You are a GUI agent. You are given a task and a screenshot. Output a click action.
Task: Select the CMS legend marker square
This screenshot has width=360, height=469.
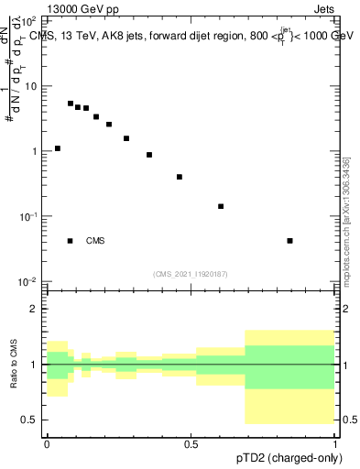71,241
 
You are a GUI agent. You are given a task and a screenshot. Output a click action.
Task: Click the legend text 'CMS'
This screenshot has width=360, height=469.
95,241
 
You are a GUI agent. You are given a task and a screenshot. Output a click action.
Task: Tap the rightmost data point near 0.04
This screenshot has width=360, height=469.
289,241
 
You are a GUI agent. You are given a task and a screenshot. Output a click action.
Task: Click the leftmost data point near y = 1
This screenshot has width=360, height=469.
58,148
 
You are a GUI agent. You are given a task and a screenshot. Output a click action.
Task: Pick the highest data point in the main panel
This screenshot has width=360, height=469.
71,104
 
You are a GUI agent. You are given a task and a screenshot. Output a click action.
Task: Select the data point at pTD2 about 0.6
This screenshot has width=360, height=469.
221,206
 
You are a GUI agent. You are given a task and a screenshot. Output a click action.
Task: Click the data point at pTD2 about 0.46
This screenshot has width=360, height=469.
180,177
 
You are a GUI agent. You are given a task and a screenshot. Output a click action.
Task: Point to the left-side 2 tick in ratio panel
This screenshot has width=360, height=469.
36,309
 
